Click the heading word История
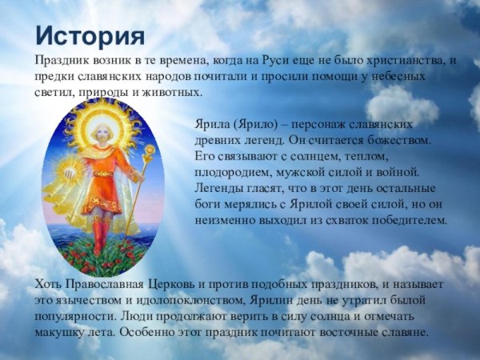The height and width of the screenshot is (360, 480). [x=90, y=37]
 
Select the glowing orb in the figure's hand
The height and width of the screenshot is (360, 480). [x=70, y=170]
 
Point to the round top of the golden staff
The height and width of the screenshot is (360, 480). [x=148, y=151]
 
